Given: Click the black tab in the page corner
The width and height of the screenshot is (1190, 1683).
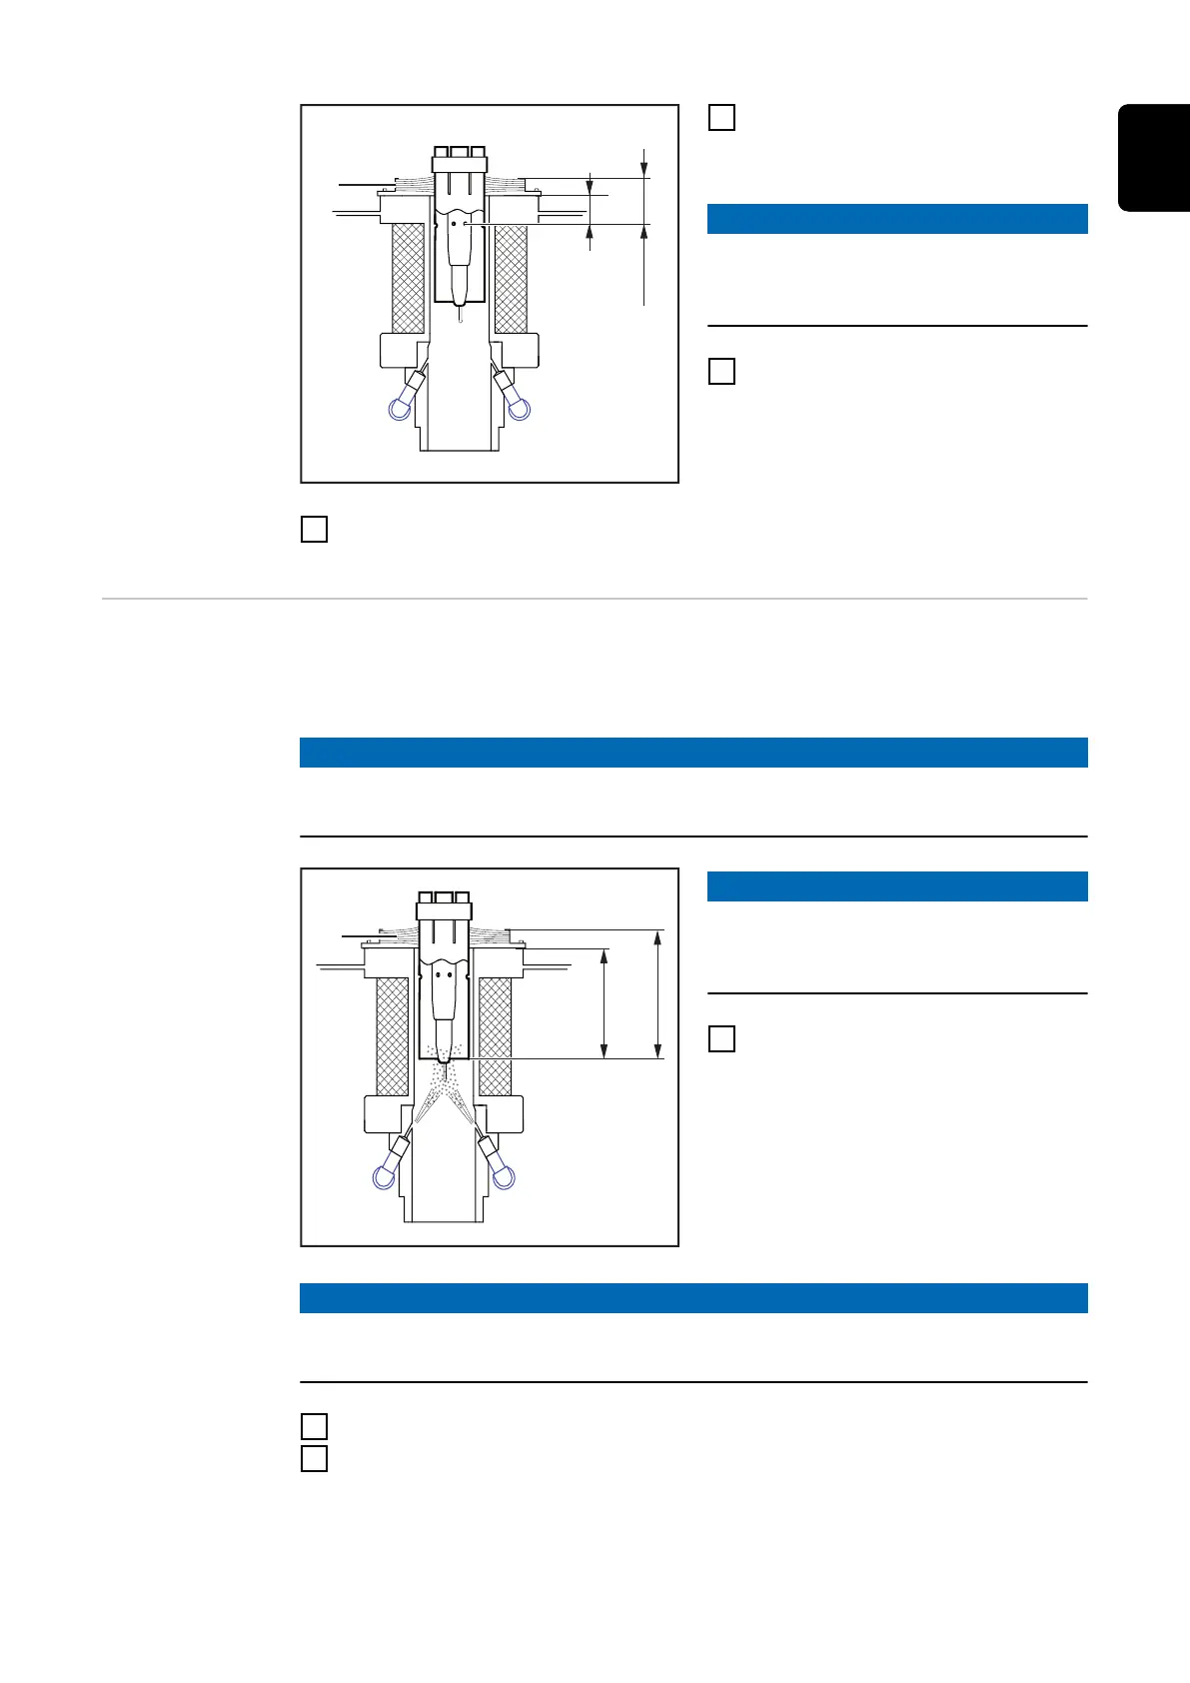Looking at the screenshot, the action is click(x=1155, y=157).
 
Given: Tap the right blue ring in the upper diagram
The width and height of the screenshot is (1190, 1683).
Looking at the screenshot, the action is click(x=518, y=408).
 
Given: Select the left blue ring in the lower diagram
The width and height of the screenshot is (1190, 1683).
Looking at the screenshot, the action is click(x=383, y=1178).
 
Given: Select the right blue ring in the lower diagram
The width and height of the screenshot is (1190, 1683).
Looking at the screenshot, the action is click(x=503, y=1178).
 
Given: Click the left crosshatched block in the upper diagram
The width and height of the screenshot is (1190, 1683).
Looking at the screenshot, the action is click(x=408, y=277).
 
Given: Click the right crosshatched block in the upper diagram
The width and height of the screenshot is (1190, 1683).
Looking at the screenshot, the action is click(x=511, y=277).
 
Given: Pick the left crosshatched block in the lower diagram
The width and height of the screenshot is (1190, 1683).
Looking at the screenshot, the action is click(x=392, y=1035).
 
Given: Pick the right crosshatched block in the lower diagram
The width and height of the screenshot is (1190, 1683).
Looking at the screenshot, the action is click(x=496, y=1035).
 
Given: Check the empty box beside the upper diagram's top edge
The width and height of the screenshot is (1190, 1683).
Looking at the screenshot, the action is click(x=721, y=117).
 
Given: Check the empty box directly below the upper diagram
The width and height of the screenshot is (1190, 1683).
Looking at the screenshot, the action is click(x=314, y=529).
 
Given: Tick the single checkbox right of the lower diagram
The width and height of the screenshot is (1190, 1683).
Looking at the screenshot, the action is click(x=721, y=1038).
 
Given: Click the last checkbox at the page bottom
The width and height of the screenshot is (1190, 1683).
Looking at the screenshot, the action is click(x=314, y=1458).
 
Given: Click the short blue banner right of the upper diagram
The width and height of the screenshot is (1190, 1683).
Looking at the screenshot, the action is click(x=897, y=219).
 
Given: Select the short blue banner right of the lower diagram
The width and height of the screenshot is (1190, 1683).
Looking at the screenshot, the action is click(x=897, y=886).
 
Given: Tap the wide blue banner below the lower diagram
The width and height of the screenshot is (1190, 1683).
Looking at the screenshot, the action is click(x=693, y=1298).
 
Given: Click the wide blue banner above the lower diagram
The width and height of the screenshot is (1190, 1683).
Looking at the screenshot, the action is click(x=693, y=753).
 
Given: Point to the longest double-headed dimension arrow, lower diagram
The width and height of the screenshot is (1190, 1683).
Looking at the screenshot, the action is click(x=657, y=993).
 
